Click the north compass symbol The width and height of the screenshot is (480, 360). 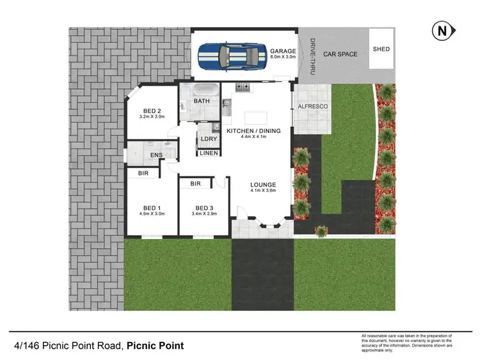coord(441,30)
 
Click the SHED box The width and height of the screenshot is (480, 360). coord(381,49)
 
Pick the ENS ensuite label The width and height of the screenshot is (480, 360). coord(156,155)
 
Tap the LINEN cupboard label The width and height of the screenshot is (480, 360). coord(209,153)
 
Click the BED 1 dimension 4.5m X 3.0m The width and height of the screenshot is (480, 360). coord(152,214)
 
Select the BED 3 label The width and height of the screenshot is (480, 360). coord(204,208)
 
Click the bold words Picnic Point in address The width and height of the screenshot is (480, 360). coord(155,346)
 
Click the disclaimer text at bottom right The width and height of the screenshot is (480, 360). coord(406,343)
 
